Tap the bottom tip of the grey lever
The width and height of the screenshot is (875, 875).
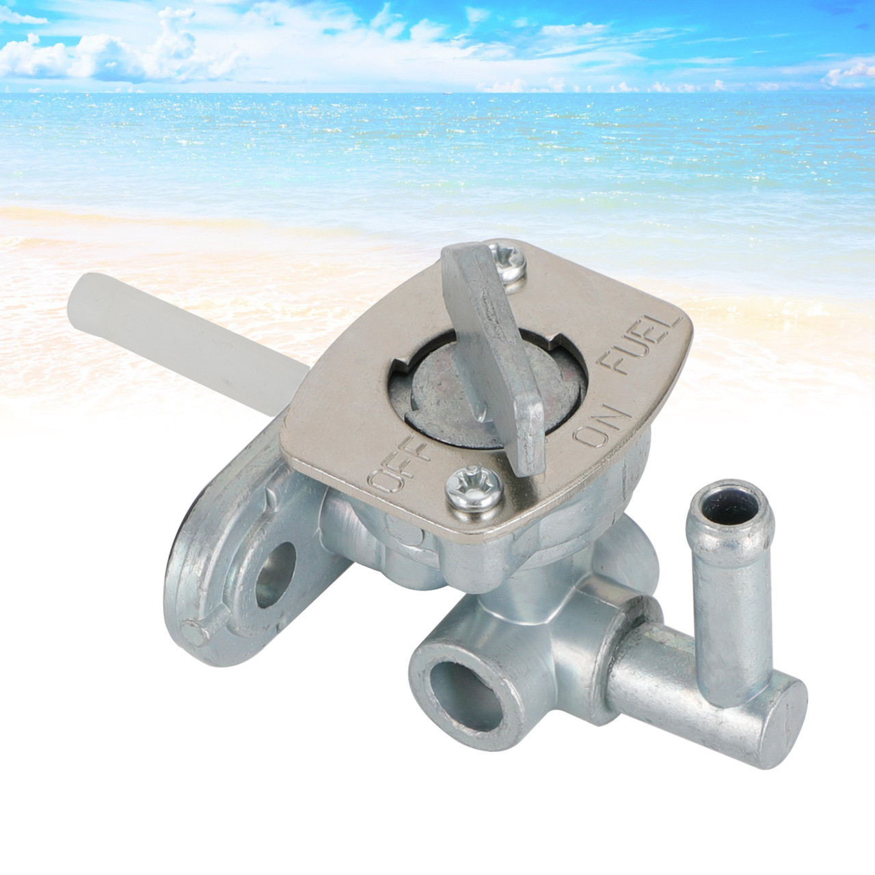(530, 458)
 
